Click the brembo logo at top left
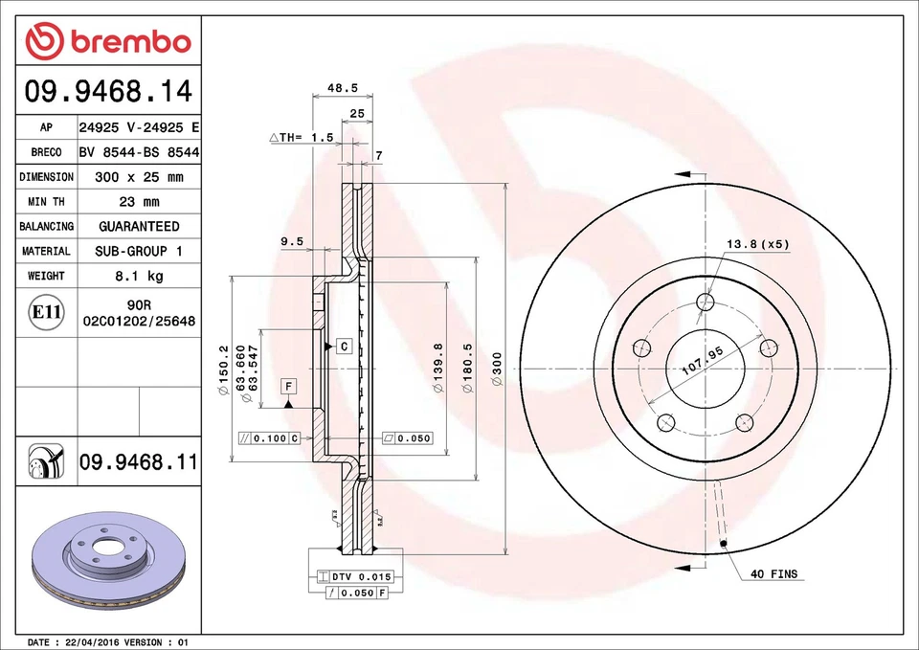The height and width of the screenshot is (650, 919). [108, 41]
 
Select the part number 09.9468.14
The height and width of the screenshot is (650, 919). [108, 92]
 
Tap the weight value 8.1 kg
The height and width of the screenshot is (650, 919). [139, 276]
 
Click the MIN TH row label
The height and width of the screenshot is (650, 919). [46, 202]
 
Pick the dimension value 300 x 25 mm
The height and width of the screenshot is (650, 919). [139, 177]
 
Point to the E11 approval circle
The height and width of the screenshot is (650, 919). [46, 312]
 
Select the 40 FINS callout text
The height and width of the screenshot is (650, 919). [773, 574]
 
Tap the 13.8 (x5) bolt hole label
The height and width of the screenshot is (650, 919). [757, 244]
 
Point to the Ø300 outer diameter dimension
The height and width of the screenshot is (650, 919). [497, 369]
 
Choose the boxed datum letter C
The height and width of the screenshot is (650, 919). [343, 345]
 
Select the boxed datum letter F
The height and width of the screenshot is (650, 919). [287, 386]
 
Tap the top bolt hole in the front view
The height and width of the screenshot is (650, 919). [706, 303]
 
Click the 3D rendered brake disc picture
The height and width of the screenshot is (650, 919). [101, 565]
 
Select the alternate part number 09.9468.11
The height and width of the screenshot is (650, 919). [139, 463]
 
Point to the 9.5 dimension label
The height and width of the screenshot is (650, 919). [291, 242]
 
